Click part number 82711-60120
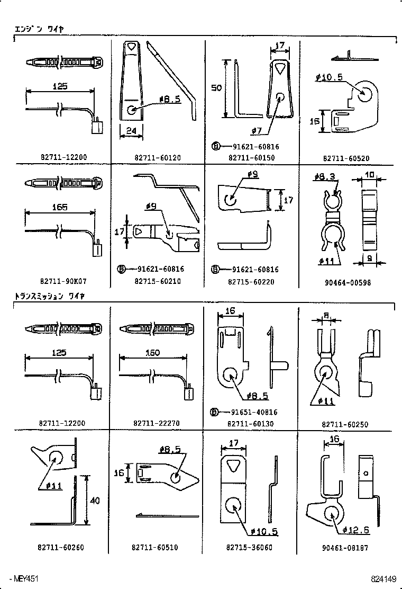coord(158,157)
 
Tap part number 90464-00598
coord(348,282)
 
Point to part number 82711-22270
coord(158,423)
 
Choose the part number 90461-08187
coord(346,548)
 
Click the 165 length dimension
coord(60,208)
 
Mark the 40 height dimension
coord(93,500)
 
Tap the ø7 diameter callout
coord(257,130)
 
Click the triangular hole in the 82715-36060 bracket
coord(233,465)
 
